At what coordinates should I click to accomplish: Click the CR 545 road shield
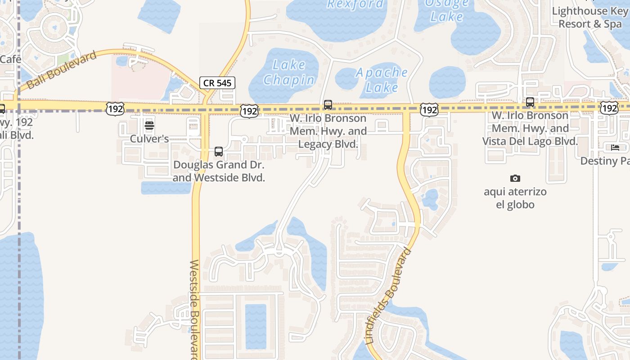tap(217, 83)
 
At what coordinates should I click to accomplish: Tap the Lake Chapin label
tap(288, 72)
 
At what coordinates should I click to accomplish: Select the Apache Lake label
tap(382, 79)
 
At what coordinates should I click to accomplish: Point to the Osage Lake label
tap(446, 10)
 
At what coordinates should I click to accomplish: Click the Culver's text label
tap(149, 139)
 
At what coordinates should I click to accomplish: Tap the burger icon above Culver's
tap(149, 126)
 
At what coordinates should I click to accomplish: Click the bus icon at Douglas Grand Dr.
tap(219, 152)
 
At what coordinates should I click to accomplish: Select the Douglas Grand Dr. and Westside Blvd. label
tap(219, 171)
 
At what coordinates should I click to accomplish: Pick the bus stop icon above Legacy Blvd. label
tap(328, 105)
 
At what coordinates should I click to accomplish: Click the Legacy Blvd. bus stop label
tap(328, 131)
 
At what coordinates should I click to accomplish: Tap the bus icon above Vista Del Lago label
tap(530, 102)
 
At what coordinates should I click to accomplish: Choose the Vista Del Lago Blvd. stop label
tap(530, 129)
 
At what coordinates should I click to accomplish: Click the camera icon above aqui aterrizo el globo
tap(515, 179)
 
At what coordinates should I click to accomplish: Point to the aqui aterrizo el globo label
tap(515, 198)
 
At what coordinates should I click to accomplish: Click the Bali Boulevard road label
tap(62, 71)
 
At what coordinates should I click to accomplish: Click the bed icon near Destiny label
tap(615, 148)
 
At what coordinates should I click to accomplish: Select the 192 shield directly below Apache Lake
tap(429, 109)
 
